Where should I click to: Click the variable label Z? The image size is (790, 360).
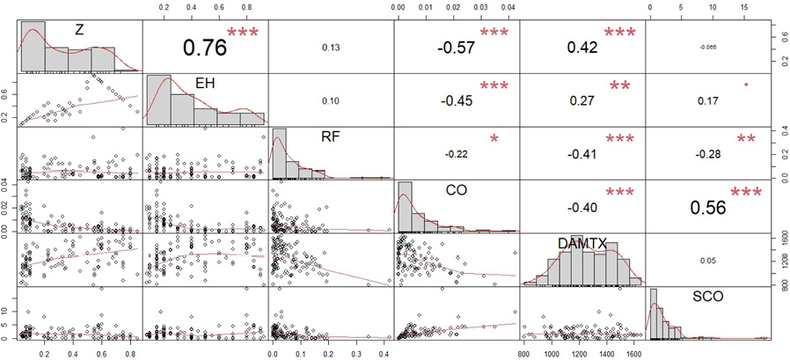coord(79,30)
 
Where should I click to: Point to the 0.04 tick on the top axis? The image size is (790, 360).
coord(508,8)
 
